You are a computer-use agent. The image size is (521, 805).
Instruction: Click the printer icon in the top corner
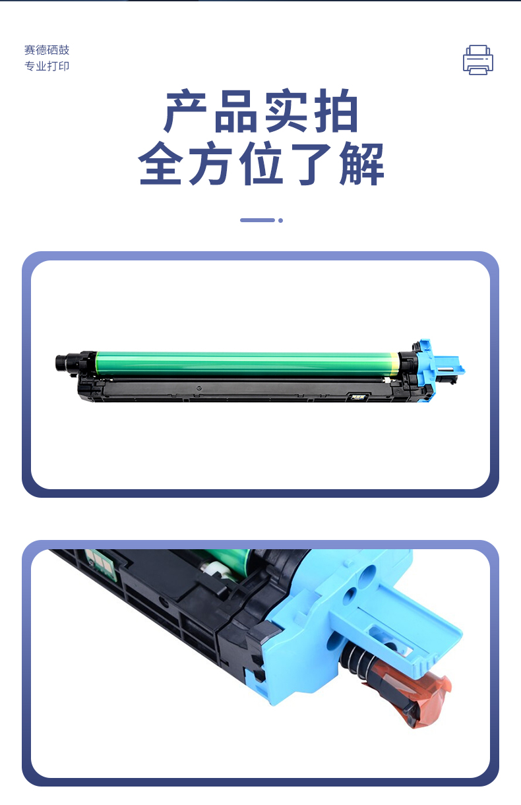coord(478,59)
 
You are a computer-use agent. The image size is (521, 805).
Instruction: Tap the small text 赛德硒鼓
coord(47,50)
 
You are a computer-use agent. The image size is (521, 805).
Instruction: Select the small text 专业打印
coord(47,66)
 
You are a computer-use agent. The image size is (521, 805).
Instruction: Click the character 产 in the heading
coord(186,110)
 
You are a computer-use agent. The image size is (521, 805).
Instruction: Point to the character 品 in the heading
coord(236,110)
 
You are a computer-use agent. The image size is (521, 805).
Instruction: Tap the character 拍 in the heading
coord(336,110)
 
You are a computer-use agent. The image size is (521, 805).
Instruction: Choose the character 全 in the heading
coord(160,163)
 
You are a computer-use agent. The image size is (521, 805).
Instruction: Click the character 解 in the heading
coord(362,163)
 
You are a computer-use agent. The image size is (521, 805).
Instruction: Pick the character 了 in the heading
coord(311,163)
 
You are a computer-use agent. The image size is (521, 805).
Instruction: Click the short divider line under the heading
coord(257,220)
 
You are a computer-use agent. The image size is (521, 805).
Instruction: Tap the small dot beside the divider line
coord(280,220)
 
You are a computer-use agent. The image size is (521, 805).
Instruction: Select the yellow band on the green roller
coord(394,363)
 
